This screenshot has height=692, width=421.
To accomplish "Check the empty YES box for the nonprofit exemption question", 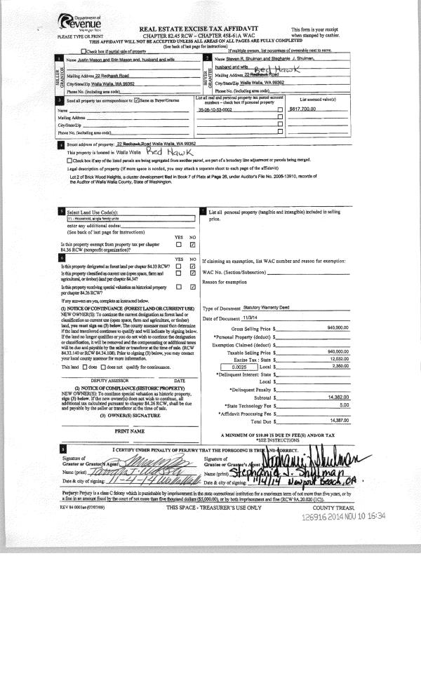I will coord(179,245).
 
